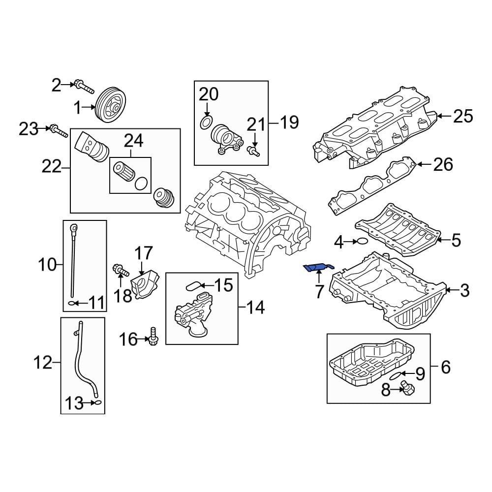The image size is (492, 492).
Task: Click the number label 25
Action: [462, 117]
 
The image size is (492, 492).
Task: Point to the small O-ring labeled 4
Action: [361, 241]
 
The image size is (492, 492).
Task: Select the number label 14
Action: [255, 308]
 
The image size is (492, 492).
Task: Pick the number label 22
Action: [51, 168]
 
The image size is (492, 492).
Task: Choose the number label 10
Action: [48, 266]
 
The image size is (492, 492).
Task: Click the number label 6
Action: [445, 367]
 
